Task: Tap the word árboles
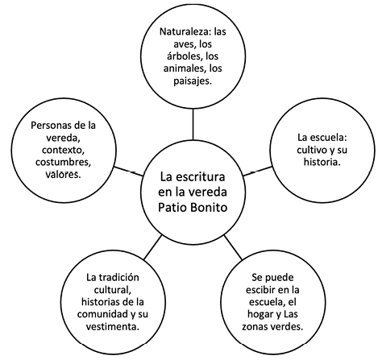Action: tap(185, 56)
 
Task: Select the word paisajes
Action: tap(193, 81)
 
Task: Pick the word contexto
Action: tap(64, 150)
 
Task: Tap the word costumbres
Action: tap(63, 162)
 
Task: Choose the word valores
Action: tap(63, 175)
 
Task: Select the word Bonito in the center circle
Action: tap(210, 207)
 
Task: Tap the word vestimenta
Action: tap(112, 327)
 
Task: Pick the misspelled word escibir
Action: tap(260, 290)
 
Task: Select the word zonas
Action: tap(254, 327)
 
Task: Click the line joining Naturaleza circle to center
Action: tap(193, 124)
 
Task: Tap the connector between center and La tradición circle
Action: tap(153, 247)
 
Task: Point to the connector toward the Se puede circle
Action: tap(233, 247)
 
